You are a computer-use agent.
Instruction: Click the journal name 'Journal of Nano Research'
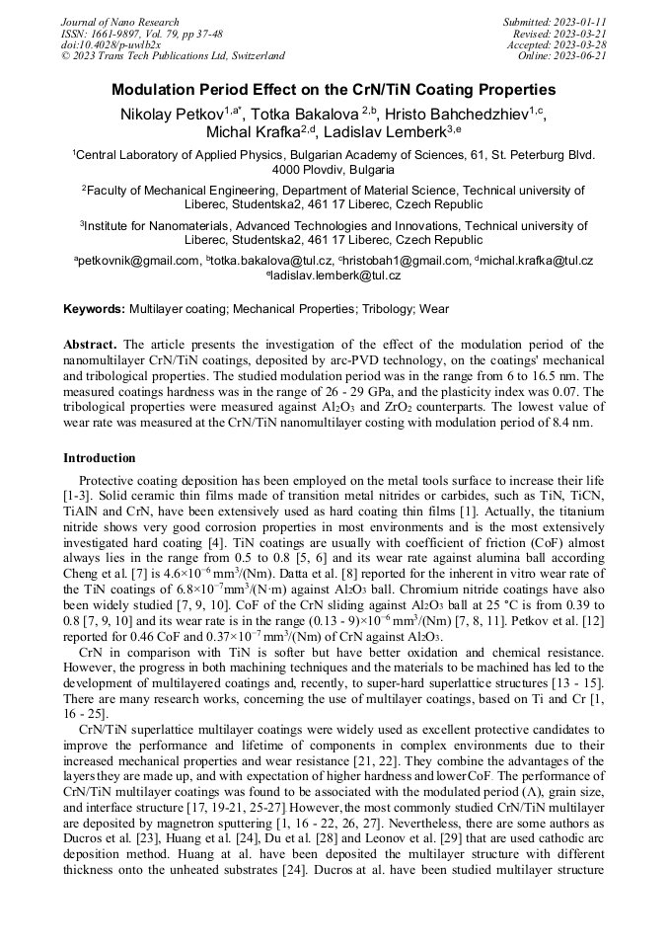[120, 22]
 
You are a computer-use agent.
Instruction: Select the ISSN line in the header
[142, 33]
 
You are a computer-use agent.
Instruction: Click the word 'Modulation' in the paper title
[155, 90]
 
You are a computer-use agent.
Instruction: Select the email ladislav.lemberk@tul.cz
[335, 276]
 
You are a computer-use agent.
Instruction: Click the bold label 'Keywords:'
[95, 309]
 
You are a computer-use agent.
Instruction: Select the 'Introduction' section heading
[100, 458]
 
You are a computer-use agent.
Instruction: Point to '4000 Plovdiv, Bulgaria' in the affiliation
[333, 170]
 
